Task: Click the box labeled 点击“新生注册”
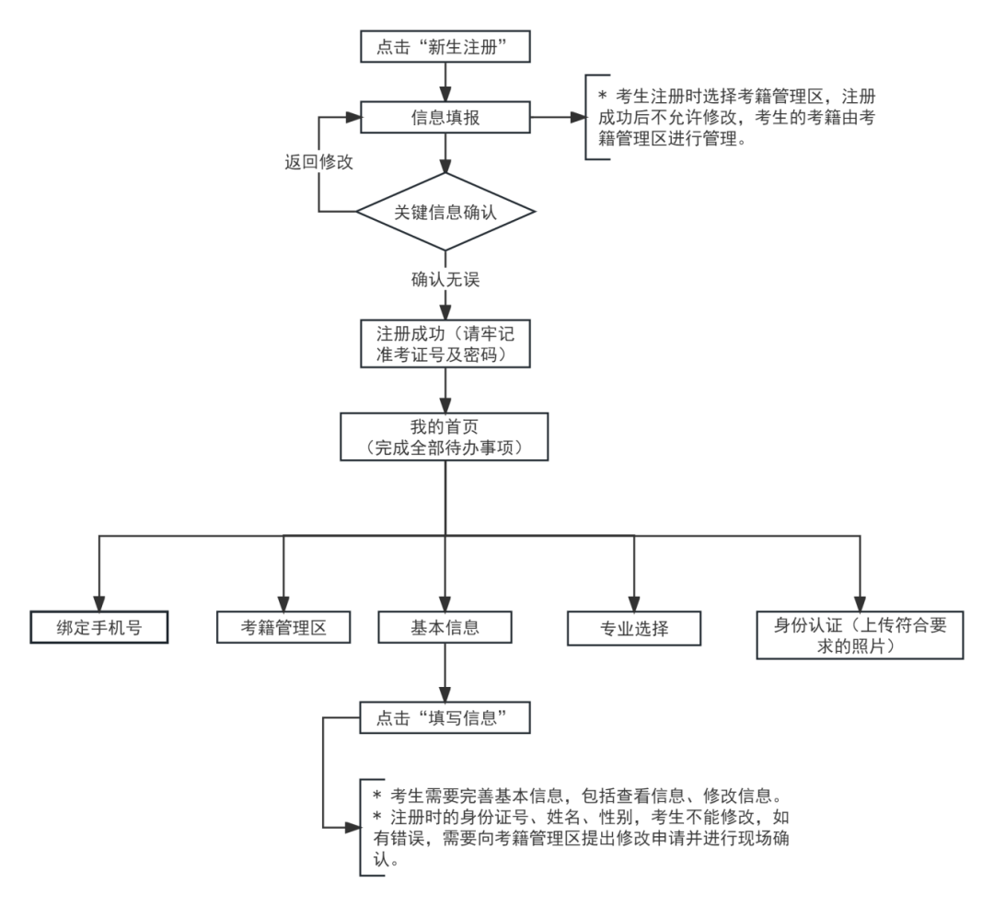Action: (x=445, y=47)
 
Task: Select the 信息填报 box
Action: (x=445, y=118)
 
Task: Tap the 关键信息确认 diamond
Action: (x=445, y=212)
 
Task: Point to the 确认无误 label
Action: (x=445, y=278)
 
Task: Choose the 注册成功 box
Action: (x=445, y=343)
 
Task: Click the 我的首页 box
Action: (x=445, y=436)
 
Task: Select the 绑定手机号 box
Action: (x=98, y=628)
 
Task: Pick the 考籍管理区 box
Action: (x=283, y=628)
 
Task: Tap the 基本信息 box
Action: (x=445, y=628)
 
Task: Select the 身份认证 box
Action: (x=860, y=635)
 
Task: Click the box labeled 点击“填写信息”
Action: (x=445, y=718)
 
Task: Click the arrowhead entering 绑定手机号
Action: (x=98, y=603)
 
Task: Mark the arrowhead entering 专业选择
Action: (x=634, y=604)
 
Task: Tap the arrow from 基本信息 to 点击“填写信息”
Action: (x=445, y=673)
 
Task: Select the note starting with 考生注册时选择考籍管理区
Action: (x=736, y=118)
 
